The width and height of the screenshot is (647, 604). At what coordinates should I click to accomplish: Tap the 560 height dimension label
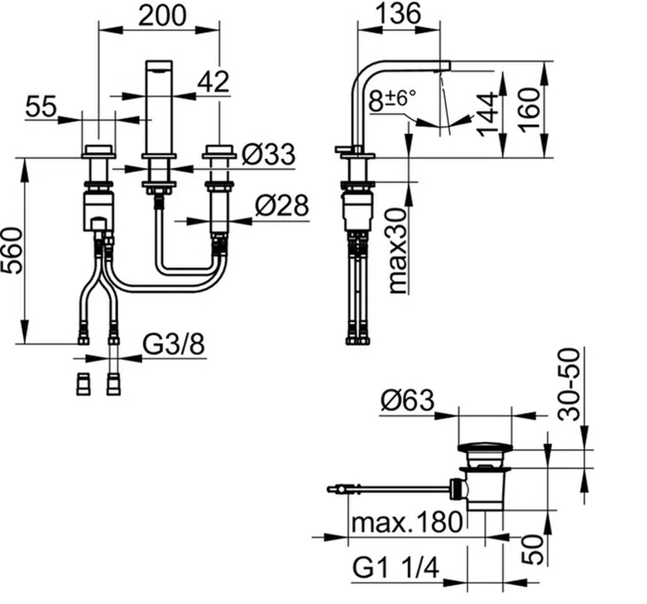[12, 251]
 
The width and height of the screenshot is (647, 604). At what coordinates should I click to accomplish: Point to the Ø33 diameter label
[269, 154]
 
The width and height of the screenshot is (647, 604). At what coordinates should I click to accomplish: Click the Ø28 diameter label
[282, 205]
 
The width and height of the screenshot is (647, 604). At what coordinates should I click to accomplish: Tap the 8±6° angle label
[392, 101]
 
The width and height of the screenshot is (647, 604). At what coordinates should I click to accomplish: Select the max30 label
[397, 251]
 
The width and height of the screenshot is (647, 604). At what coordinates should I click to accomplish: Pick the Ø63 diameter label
[407, 400]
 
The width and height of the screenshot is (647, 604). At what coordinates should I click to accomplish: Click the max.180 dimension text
[406, 522]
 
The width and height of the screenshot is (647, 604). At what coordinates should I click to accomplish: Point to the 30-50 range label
[568, 384]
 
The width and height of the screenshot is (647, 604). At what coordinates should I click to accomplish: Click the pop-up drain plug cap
[485, 448]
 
